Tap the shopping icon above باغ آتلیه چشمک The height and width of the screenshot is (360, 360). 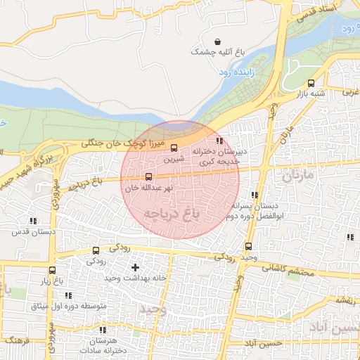click(x=217, y=41)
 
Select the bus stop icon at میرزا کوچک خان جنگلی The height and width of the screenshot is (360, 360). click(x=174, y=148)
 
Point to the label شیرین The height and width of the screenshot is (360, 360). click(x=174, y=159)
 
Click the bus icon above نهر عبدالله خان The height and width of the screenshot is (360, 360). click(x=148, y=177)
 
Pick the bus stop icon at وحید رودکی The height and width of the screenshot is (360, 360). click(x=248, y=247)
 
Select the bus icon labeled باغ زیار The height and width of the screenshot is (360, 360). click(x=52, y=270)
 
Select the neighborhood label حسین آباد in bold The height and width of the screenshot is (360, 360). click(x=340, y=328)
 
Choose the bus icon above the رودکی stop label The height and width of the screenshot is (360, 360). click(x=96, y=251)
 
